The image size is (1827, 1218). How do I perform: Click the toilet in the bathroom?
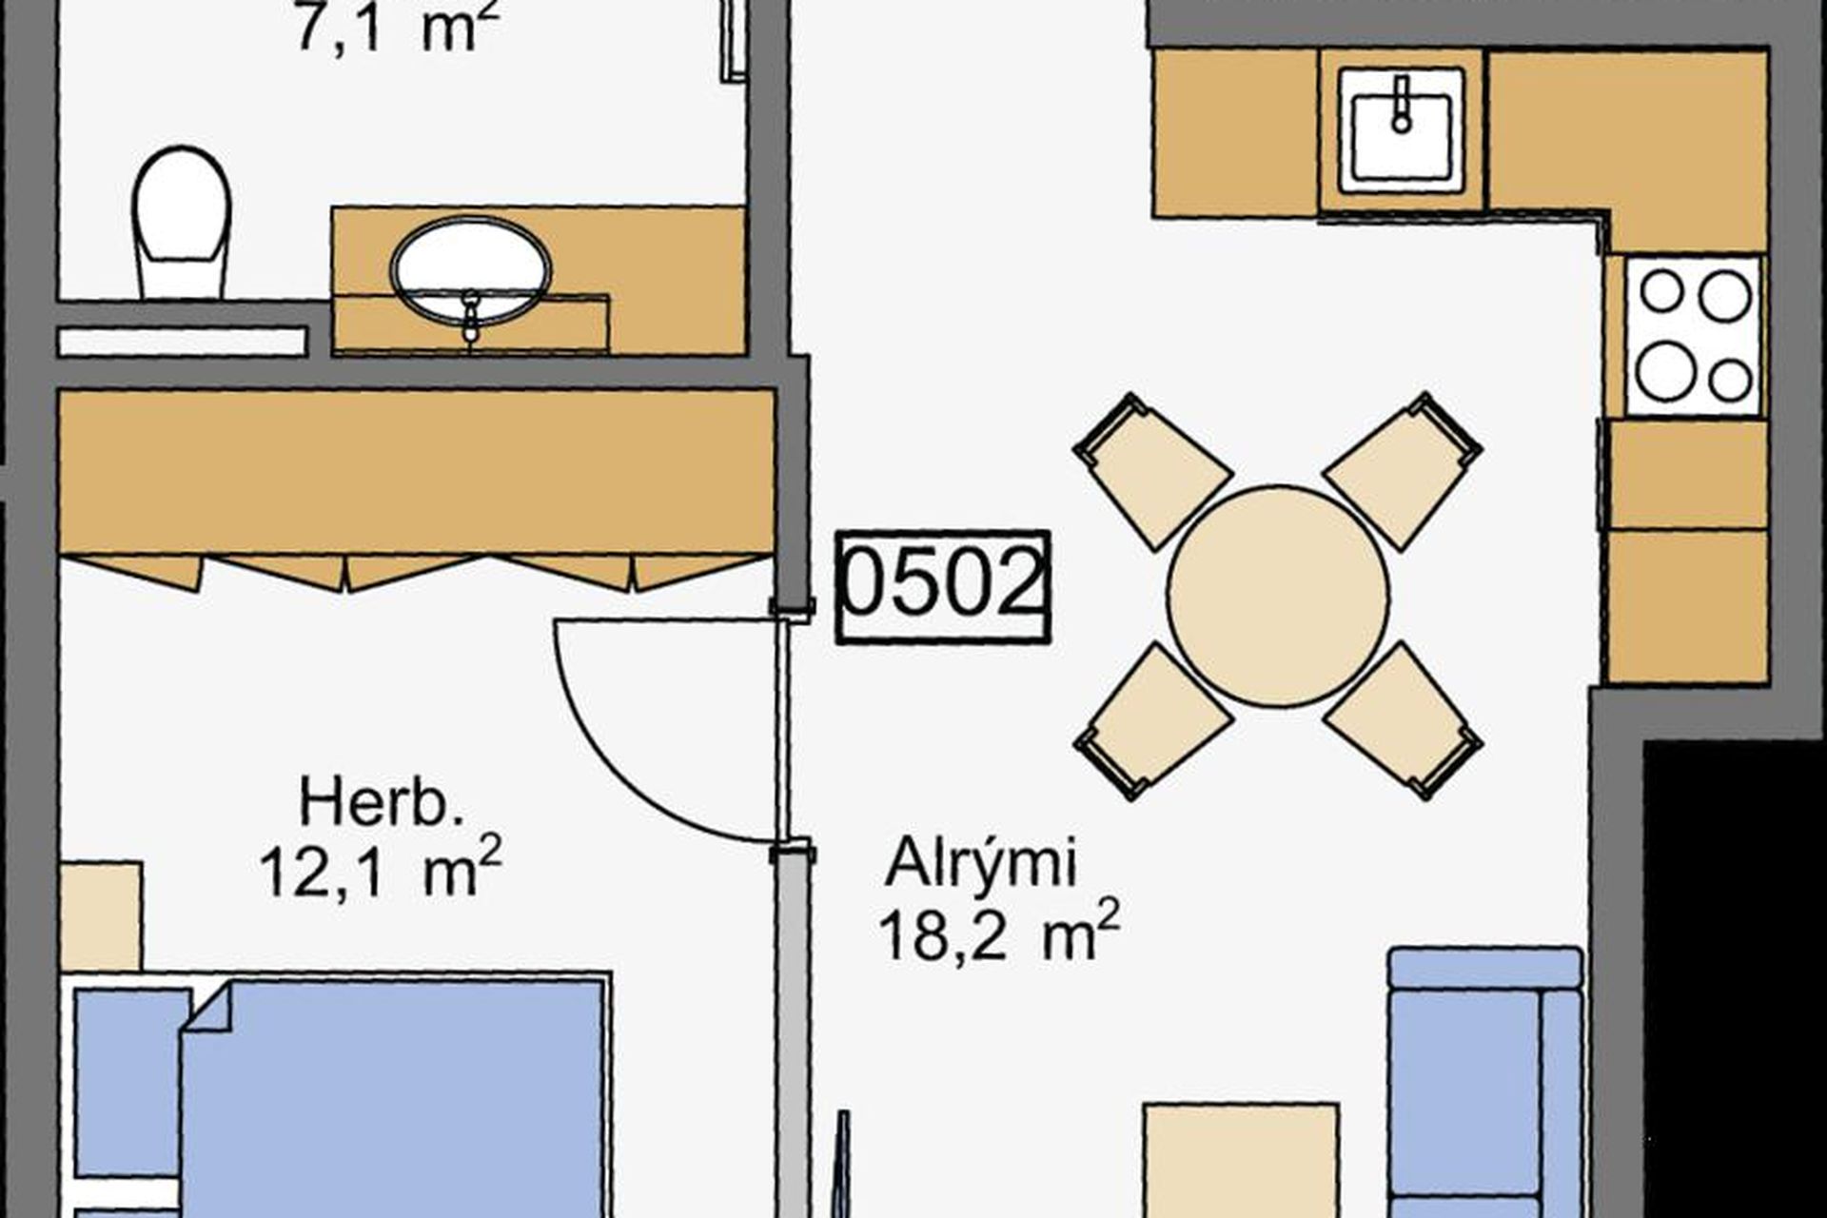(182, 223)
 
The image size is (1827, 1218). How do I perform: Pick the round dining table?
(1278, 597)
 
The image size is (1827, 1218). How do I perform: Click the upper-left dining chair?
(1153, 470)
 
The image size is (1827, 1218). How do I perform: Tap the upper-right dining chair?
(1403, 470)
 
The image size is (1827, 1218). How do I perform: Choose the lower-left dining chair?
(1153, 721)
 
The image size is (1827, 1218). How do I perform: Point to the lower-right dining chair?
(1403, 721)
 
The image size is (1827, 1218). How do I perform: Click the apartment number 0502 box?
(942, 586)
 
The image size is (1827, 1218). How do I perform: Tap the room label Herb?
(382, 803)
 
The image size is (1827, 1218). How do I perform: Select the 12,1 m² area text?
(381, 869)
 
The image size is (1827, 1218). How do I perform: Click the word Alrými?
(981, 865)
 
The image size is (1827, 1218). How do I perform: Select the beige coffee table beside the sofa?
(1241, 1161)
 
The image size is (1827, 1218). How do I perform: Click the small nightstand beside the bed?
(102, 915)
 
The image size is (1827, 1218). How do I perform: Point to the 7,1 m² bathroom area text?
(397, 29)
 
